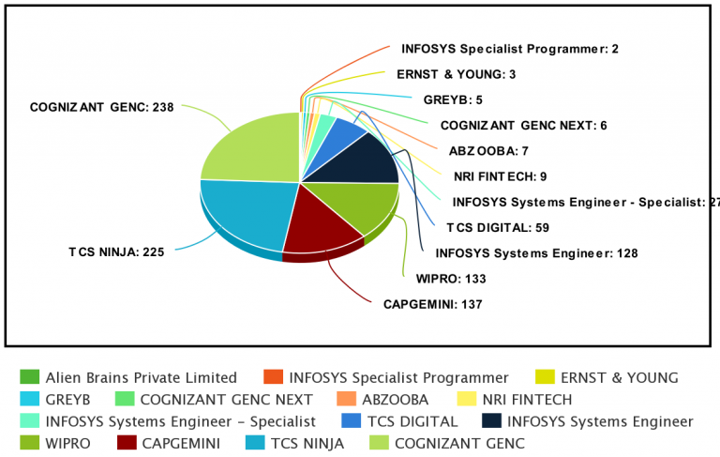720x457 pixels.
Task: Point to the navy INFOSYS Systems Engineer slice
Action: pos(366,160)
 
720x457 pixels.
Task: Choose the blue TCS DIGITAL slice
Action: pos(346,132)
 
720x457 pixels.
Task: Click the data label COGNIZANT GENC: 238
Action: pos(102,108)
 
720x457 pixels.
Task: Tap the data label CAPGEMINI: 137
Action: pos(432,304)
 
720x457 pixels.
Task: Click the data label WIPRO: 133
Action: pos(450,278)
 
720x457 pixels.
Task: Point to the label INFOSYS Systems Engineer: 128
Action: pos(523,252)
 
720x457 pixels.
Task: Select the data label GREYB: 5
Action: pos(452,99)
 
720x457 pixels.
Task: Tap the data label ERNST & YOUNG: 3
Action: pos(455,73)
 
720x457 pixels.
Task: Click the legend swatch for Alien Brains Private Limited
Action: pos(29,377)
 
